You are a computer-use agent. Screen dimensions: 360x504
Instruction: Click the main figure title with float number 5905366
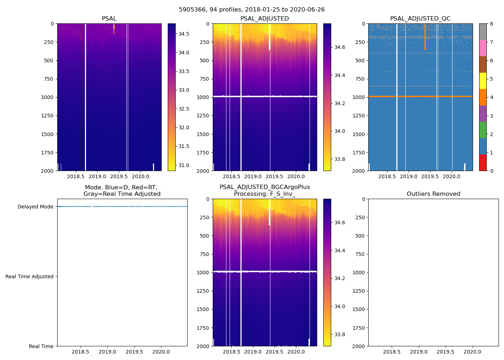point(252,10)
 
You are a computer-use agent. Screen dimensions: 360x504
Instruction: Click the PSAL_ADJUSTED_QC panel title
point(420,19)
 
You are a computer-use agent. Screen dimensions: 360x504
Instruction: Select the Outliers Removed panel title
point(433,194)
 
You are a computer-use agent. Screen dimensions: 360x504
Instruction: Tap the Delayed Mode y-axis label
point(35,207)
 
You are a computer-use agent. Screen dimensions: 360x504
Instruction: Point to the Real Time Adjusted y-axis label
point(30,276)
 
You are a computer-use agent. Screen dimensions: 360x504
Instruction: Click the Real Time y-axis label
point(41,346)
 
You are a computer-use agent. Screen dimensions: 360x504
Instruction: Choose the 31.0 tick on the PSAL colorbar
point(184,165)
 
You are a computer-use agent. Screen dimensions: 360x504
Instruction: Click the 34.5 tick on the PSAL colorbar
point(184,34)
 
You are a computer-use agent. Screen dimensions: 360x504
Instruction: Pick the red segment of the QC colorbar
point(483,163)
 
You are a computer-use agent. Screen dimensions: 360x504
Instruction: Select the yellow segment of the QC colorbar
point(483,81)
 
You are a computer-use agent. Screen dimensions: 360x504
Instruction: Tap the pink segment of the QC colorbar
point(483,48)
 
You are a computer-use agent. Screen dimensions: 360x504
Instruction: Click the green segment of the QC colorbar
point(483,130)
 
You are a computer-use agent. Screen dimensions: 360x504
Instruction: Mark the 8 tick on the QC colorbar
point(491,24)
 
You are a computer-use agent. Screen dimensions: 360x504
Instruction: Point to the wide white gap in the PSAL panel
point(85,97)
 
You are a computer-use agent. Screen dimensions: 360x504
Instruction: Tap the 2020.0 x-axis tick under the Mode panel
point(161,352)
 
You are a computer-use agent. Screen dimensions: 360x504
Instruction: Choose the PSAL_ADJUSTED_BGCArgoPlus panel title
point(265,190)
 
